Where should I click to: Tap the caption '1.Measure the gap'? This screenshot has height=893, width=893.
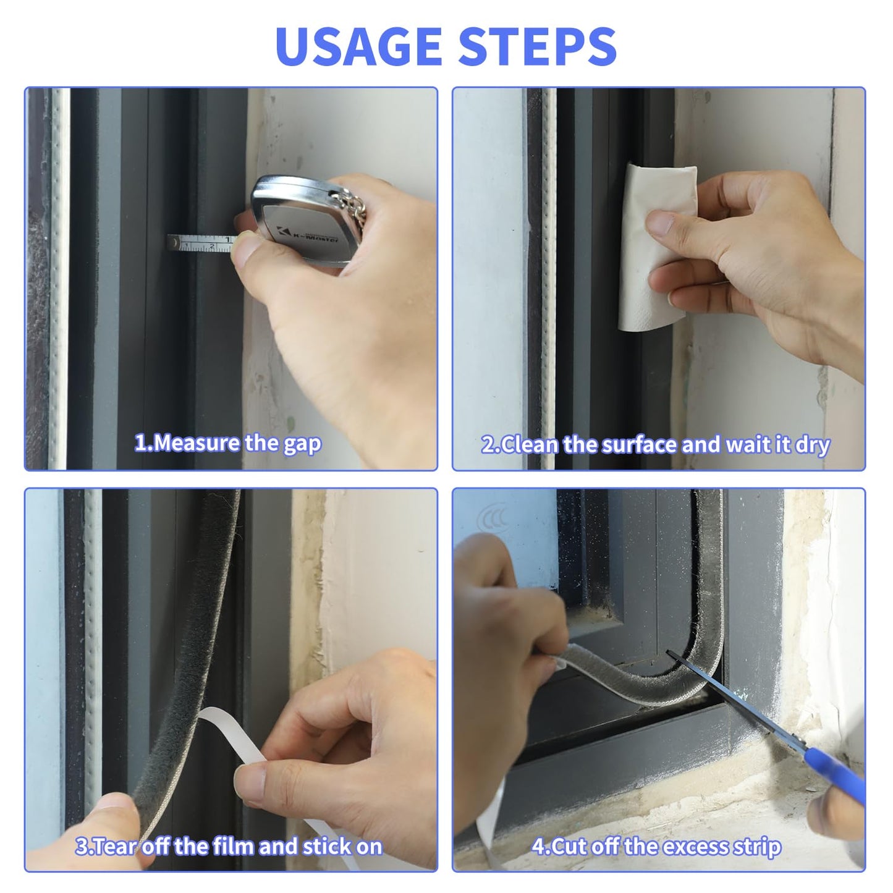[228, 443]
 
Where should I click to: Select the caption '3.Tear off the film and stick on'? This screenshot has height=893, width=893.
[228, 846]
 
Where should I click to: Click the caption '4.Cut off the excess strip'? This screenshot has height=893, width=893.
[656, 846]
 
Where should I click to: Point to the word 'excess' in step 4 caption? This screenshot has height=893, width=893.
[694, 846]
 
